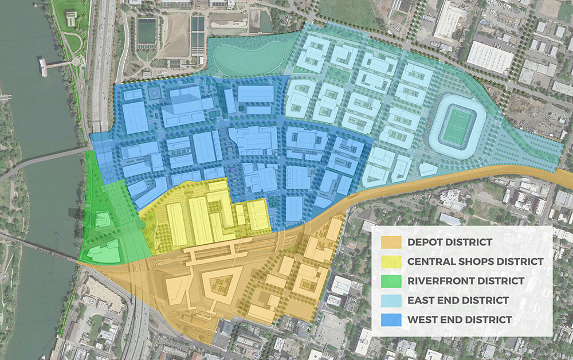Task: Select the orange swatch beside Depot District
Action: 393,242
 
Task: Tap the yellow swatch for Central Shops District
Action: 393,261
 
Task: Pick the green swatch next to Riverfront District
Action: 393,281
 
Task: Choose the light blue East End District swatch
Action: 393,300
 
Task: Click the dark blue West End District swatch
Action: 393,319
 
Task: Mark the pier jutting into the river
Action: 52,65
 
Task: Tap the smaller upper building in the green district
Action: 103,219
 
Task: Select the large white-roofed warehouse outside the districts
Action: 490,56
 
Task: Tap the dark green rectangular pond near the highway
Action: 146,32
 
